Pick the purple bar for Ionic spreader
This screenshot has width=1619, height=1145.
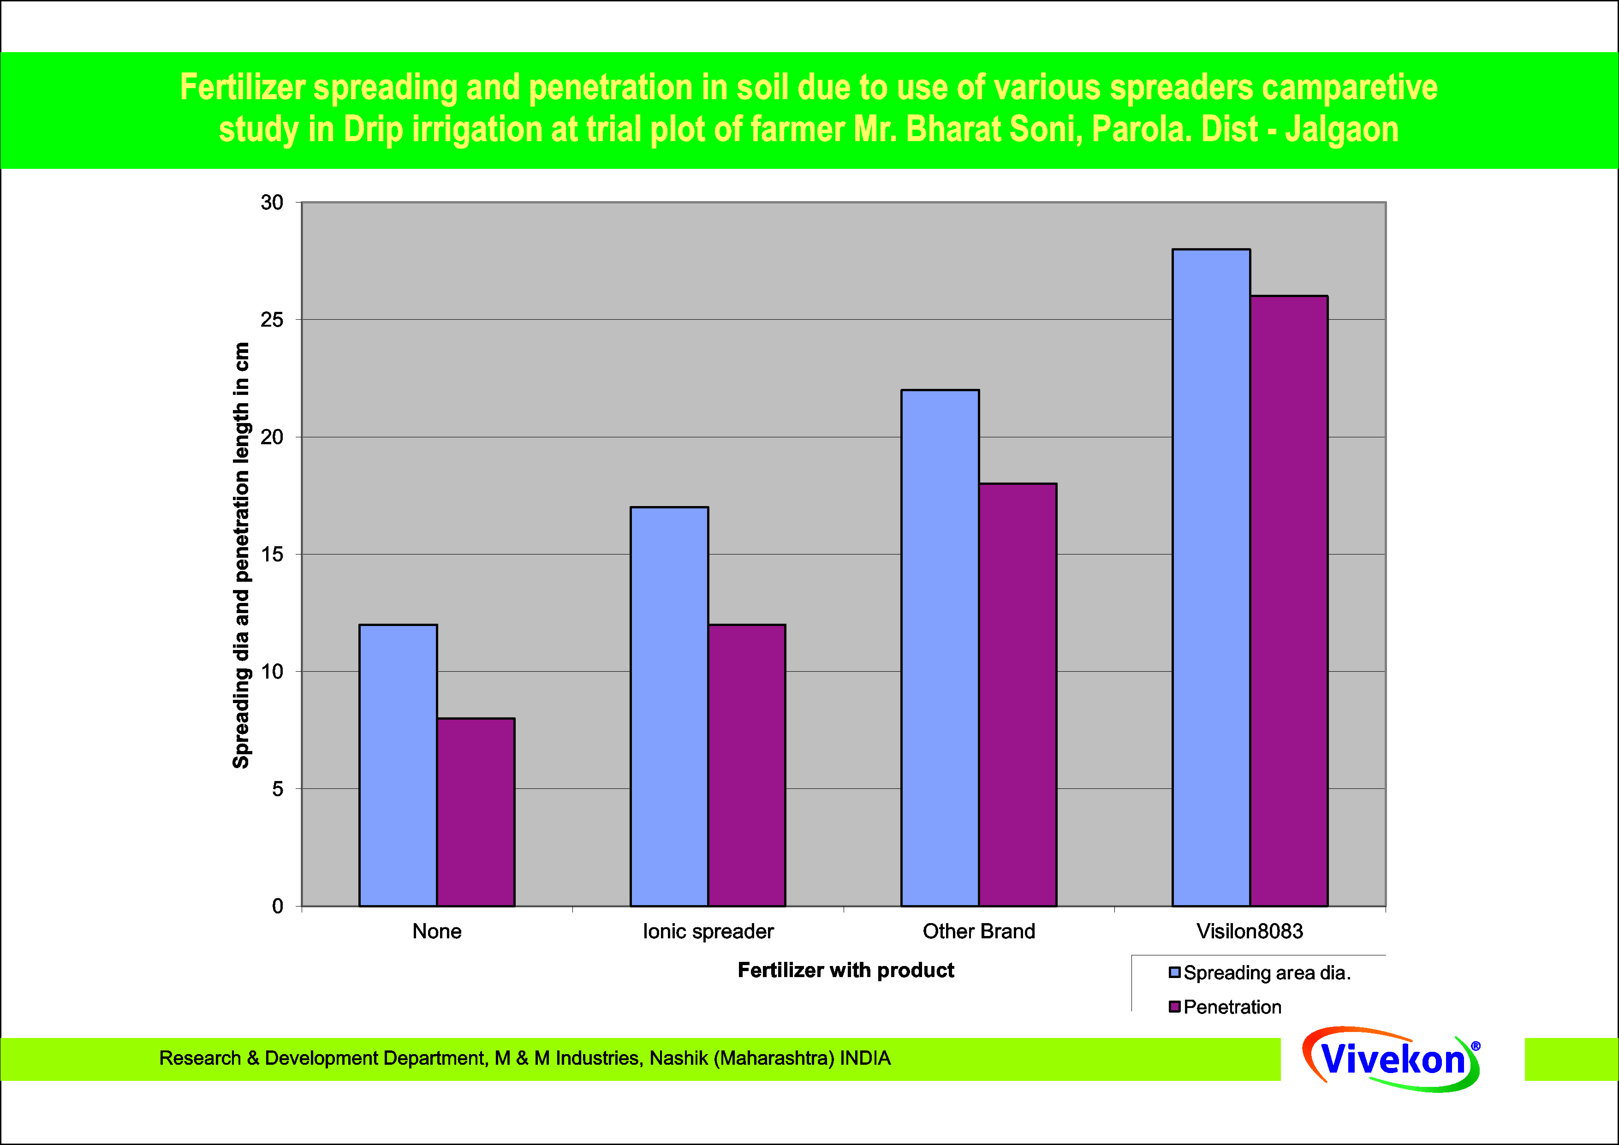747,765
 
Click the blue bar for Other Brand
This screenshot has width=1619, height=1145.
940,648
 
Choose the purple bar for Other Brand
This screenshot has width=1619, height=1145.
1018,694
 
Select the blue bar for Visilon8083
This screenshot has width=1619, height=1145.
1211,578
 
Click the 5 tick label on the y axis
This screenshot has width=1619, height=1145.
277,789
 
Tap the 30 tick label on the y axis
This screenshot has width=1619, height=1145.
272,203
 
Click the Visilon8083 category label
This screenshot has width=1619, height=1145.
1250,931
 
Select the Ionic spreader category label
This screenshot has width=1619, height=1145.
708,931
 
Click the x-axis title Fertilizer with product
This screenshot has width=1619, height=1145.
845,970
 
